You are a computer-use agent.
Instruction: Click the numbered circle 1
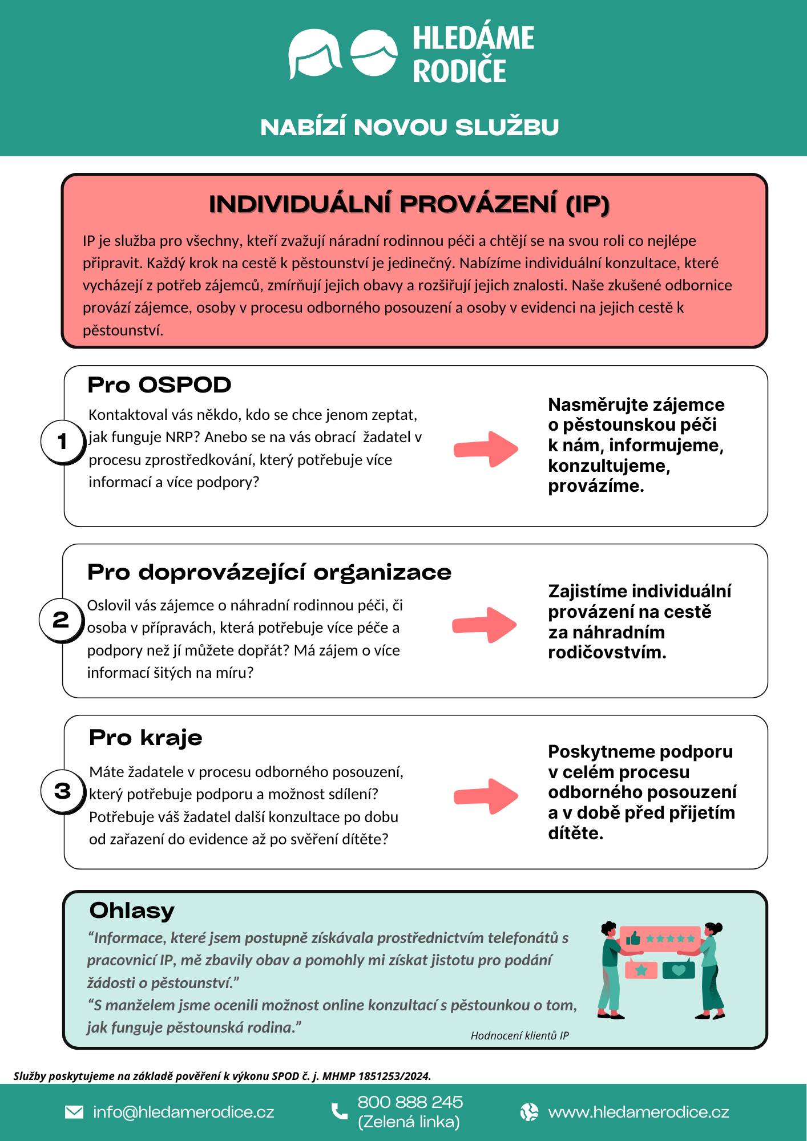[62, 441]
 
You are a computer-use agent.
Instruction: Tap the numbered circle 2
[60, 619]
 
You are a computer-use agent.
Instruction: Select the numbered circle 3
[62, 791]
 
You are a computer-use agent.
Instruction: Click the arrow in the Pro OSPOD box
[486, 449]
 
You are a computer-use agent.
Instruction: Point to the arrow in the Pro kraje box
[486, 795]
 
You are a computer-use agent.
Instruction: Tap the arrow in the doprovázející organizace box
[484, 625]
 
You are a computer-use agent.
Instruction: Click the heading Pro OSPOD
[159, 385]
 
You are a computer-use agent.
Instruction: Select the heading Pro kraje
[146, 738]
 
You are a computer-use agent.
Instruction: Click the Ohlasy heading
[132, 911]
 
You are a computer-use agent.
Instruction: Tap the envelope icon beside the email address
[74, 1112]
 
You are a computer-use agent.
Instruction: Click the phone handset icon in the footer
[340, 1111]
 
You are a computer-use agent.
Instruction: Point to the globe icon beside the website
[529, 1112]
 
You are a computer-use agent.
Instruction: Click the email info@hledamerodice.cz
[183, 1112]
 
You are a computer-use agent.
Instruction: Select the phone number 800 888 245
[410, 1102]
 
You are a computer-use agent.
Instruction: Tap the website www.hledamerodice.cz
[638, 1112]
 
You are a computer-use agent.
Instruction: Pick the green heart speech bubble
[678, 970]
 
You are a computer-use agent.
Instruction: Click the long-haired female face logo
[314, 54]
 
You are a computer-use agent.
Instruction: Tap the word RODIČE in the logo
[459, 71]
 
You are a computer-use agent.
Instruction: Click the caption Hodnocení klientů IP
[519, 1035]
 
